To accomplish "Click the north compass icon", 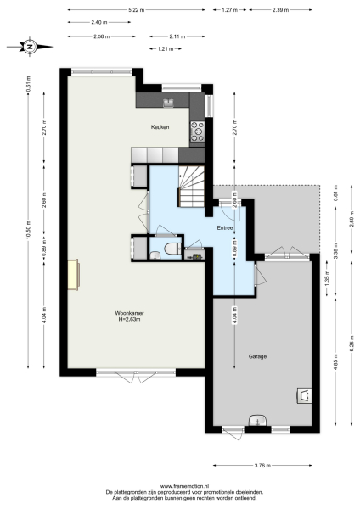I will tap(29, 47).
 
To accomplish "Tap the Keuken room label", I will tap(160, 127).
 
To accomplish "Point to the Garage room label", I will tap(257, 356).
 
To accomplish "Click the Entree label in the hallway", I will tap(225, 228).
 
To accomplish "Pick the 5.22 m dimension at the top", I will tap(135, 9).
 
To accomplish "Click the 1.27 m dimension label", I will tap(229, 9).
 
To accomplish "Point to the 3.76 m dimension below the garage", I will tap(262, 465).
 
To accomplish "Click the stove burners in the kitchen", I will tap(198, 130).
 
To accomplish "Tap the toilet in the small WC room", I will tap(172, 248).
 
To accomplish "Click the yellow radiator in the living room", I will tap(74, 274).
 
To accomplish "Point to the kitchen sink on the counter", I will tap(166, 102).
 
